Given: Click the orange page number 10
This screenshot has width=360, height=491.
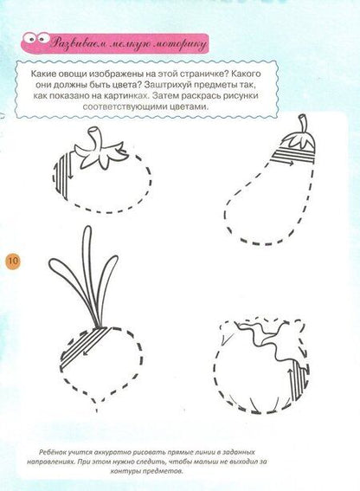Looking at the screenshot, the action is tap(12, 261).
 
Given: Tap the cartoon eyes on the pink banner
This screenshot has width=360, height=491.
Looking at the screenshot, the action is tap(35, 38).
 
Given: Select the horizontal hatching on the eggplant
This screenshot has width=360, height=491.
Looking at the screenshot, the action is tap(292, 156).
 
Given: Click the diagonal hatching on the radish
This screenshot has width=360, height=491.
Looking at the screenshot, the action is tap(85, 346).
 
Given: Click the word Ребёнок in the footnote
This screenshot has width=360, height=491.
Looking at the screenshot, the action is tap(53, 453).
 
